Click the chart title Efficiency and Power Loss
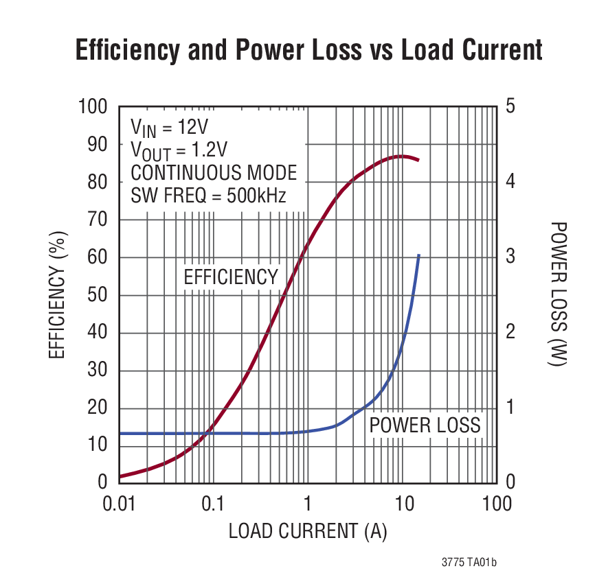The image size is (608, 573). [308, 51]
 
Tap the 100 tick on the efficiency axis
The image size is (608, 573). [93, 107]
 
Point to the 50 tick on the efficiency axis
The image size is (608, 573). [99, 296]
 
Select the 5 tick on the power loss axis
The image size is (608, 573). [510, 107]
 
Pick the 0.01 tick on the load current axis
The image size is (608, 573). [118, 504]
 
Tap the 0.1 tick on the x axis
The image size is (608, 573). [213, 504]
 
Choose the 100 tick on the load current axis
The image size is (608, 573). [496, 504]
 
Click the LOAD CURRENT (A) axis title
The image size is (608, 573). [308, 530]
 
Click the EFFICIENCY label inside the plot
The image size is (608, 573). [231, 277]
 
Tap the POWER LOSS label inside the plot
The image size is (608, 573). [425, 425]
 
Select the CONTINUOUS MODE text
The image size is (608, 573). [214, 173]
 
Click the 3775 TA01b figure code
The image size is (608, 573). [469, 561]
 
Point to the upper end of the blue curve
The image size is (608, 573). [418, 255]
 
